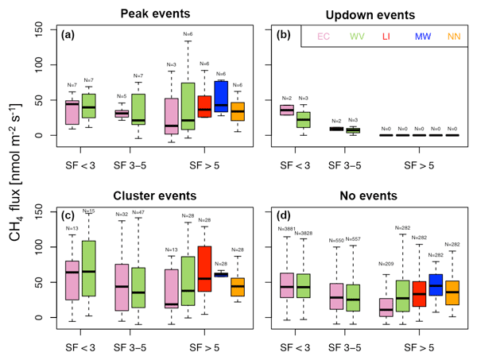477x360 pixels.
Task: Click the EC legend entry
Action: click(324, 37)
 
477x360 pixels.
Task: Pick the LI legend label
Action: click(386, 37)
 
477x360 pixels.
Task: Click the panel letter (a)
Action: click(71, 36)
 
